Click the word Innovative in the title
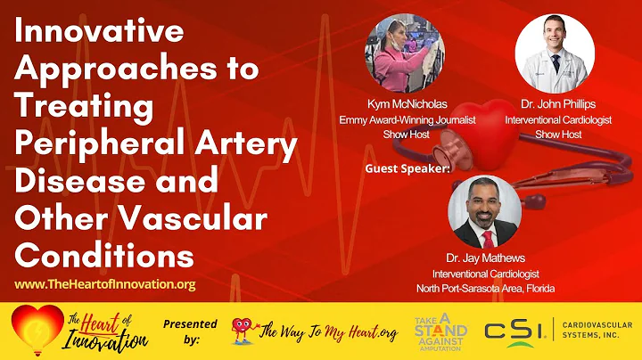point(99,33)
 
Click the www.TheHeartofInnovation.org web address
point(105,284)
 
